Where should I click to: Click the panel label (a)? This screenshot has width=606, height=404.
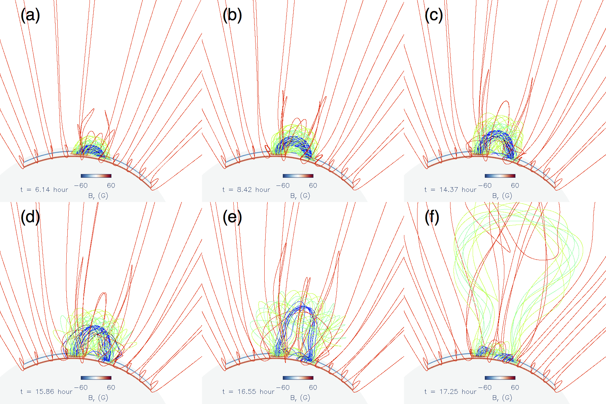coord(30,15)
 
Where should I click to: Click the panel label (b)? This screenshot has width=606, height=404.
coord(232,15)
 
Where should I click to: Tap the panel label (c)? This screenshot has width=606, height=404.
coord(434,15)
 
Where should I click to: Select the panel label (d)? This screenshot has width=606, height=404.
coord(30,217)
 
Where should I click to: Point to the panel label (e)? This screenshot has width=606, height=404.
coord(232,217)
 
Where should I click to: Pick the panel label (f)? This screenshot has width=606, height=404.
coord(432,217)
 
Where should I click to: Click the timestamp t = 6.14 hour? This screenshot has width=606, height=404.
coord(44,190)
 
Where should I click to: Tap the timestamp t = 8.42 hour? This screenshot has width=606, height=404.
coord(246,190)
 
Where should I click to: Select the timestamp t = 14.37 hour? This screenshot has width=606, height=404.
coord(450,190)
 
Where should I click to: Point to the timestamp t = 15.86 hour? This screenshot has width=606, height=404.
coord(46,392)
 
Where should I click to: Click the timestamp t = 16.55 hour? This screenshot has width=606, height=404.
coord(248,392)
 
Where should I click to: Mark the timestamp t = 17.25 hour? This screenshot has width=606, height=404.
coord(450,392)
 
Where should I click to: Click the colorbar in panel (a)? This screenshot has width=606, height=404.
coord(96,176)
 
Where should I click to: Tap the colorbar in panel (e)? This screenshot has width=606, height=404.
coord(298,378)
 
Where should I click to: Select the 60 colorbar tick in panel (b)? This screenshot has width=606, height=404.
coord(313,186)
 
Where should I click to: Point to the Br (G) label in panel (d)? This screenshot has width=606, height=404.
coord(98,398)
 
